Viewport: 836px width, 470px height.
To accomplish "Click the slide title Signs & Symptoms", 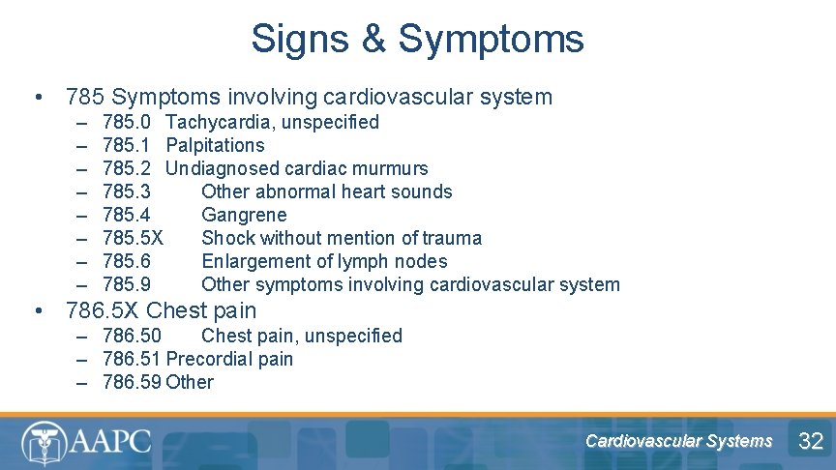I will point(417,40).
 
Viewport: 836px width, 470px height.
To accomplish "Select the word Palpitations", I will point(215,145).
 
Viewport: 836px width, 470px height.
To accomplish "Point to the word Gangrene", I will point(244,215).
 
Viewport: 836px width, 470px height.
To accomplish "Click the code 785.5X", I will point(133,238).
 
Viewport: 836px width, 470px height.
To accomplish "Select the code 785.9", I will point(126,284).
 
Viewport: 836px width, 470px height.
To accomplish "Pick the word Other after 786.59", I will point(190,382).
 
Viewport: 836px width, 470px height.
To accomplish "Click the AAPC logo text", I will point(111,442).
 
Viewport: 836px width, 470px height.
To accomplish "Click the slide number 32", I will point(810,442).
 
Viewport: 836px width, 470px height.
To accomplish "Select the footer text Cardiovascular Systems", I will point(678,441).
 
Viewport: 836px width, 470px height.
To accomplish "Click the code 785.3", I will point(126,191).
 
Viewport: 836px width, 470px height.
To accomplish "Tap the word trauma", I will point(452,238).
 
